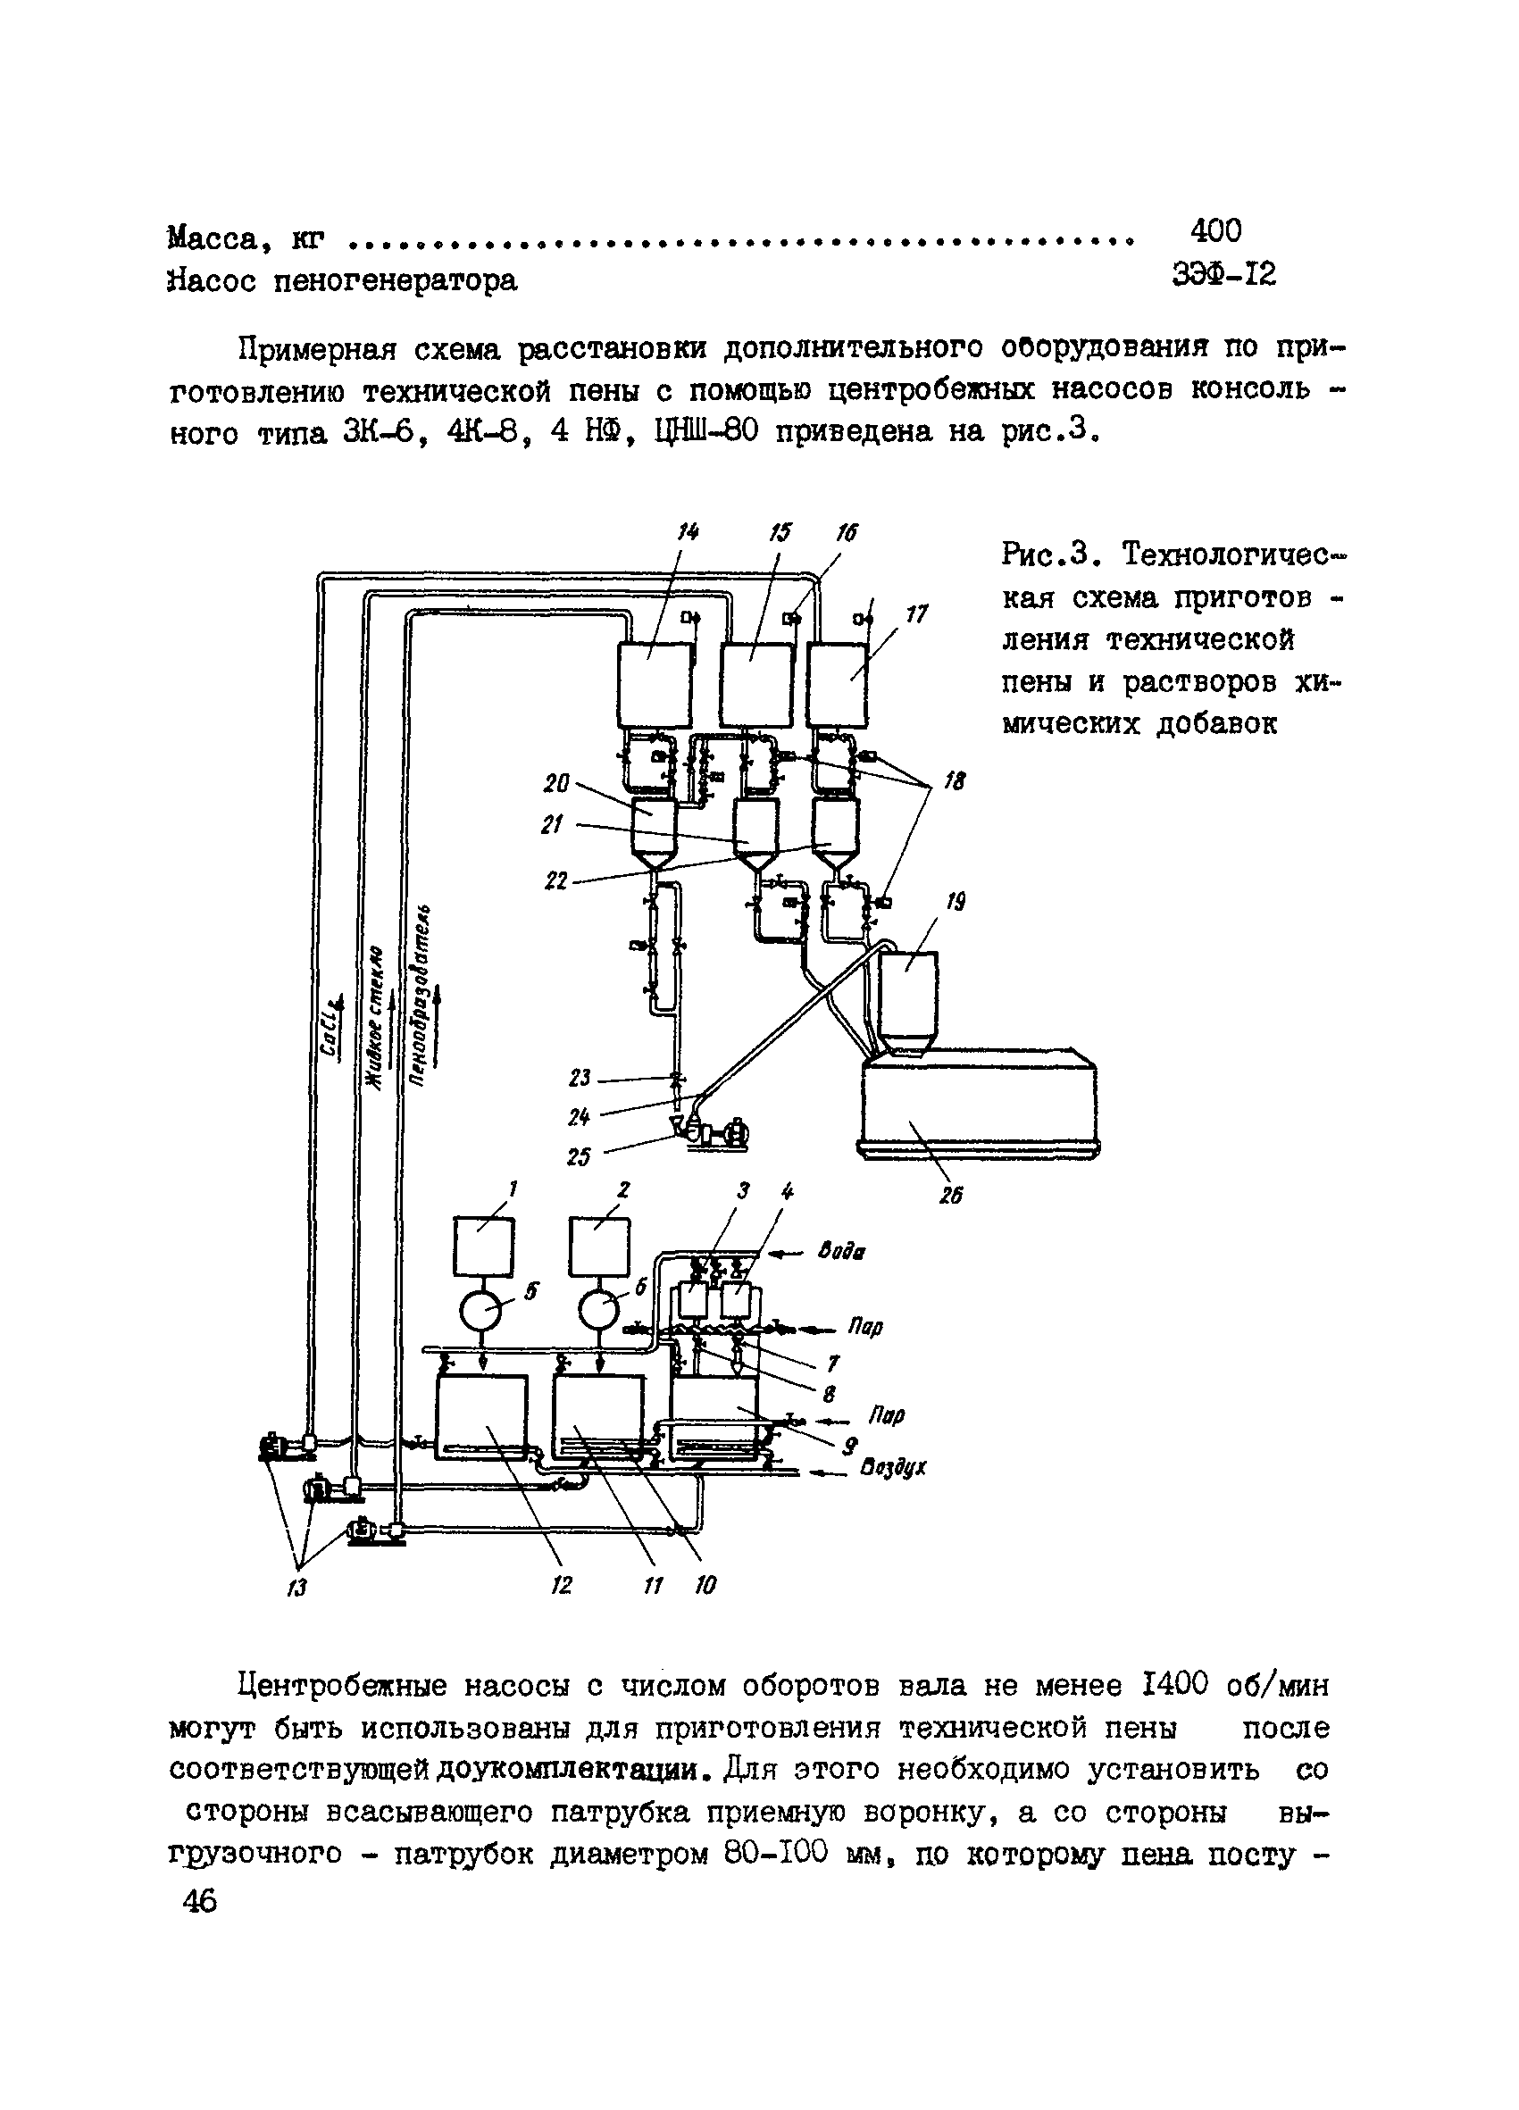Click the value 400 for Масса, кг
[1214, 229]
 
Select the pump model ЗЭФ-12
[1224, 274]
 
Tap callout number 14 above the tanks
[688, 532]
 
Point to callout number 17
[917, 615]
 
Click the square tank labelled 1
[483, 1247]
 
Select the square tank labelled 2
[599, 1247]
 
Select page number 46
[200, 1902]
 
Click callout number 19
[956, 902]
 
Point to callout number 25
[579, 1157]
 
